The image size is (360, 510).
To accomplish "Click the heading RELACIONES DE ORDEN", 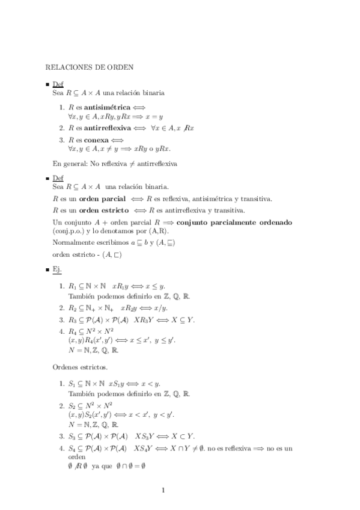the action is point(90,67).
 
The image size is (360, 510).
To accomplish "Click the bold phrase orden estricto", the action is point(104,210).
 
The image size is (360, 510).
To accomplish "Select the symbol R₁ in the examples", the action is point(73,286).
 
